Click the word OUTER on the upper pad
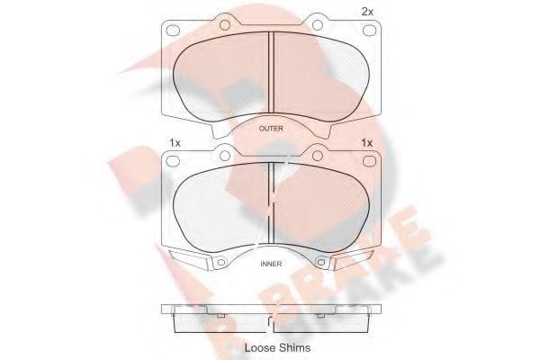(x=271, y=129)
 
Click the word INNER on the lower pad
(x=271, y=264)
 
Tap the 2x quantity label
(x=367, y=12)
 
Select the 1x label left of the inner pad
(x=175, y=142)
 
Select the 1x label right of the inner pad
(x=367, y=142)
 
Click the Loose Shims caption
(x=277, y=348)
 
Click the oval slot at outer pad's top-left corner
(x=173, y=31)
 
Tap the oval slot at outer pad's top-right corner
(x=370, y=31)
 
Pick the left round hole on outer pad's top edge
(x=225, y=25)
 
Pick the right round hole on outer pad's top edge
(x=318, y=25)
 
